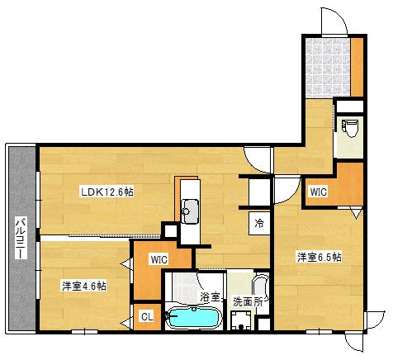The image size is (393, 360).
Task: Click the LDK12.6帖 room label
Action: [107, 192]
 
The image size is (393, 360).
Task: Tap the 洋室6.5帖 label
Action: [320, 258]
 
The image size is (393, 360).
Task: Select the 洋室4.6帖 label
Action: [84, 286]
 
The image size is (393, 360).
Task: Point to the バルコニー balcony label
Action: [21, 239]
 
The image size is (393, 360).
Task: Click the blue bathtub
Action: [194, 318]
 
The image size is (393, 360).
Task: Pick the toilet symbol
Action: [350, 128]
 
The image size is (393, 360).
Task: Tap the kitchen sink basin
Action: [190, 211]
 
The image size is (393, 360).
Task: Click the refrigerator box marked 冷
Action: [259, 223]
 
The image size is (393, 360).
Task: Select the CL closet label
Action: [147, 317]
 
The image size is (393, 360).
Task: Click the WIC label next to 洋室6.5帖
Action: [319, 192]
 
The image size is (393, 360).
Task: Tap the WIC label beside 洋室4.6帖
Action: [159, 259]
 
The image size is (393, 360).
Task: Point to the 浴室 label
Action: [210, 296]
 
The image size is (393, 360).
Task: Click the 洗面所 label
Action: [248, 302]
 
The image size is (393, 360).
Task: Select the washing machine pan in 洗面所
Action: [241, 320]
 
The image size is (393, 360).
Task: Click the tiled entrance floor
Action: [328, 68]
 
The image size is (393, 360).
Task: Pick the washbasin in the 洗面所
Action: [261, 287]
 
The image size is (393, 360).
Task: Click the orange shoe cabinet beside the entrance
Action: [357, 67]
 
